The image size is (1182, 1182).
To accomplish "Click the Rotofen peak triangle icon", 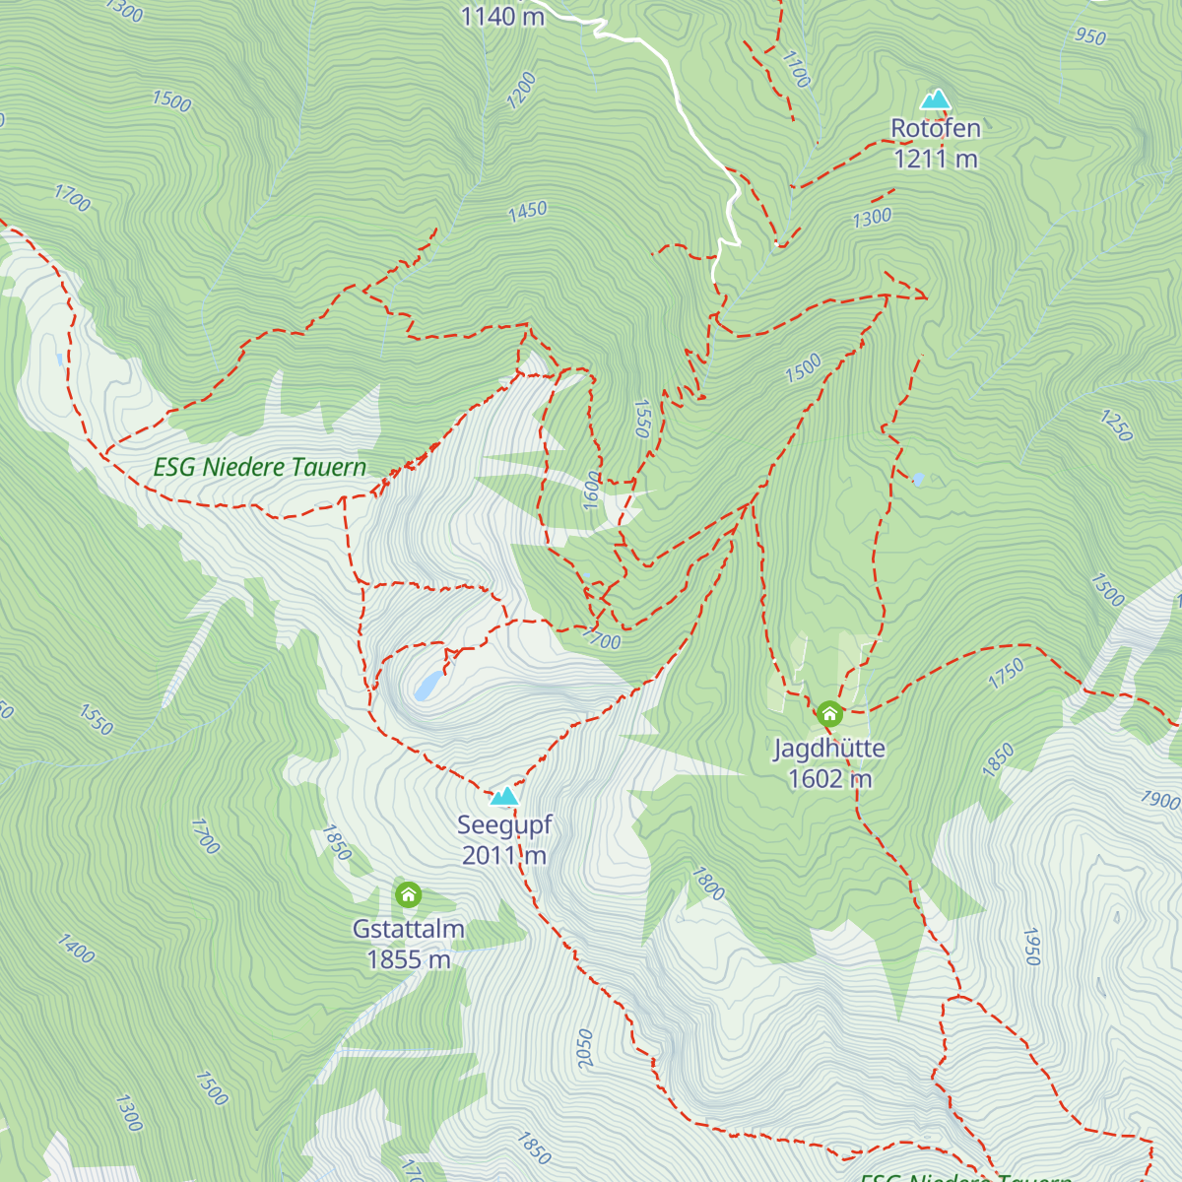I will tap(935, 99).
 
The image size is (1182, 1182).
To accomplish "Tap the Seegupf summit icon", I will tap(504, 796).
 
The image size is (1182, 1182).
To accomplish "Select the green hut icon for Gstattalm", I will tap(408, 895).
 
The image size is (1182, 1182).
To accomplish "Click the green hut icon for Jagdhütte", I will tap(829, 714).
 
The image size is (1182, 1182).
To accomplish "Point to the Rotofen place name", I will tap(936, 128).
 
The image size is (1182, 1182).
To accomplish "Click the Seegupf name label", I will tap(504, 824).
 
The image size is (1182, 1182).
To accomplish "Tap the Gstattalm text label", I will tap(408, 929).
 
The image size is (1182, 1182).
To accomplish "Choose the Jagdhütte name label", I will tap(829, 749).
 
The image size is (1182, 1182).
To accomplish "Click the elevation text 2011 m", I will tap(504, 855).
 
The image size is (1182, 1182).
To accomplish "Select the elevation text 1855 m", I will tap(408, 959).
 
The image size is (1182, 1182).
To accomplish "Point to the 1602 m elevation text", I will tap(829, 779).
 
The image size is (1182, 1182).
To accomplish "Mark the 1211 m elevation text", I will tap(936, 159).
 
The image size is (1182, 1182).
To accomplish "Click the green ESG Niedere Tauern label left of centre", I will tap(260, 467).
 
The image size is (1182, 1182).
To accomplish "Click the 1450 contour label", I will tap(528, 211).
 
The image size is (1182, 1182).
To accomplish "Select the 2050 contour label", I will tap(585, 1049).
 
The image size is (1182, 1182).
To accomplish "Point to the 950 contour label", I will tap(1090, 37).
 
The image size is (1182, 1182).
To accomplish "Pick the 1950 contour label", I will tap(1031, 946).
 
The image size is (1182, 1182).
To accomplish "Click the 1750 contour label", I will tap(1006, 674).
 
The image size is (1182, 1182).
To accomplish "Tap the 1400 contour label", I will tap(75, 949).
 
